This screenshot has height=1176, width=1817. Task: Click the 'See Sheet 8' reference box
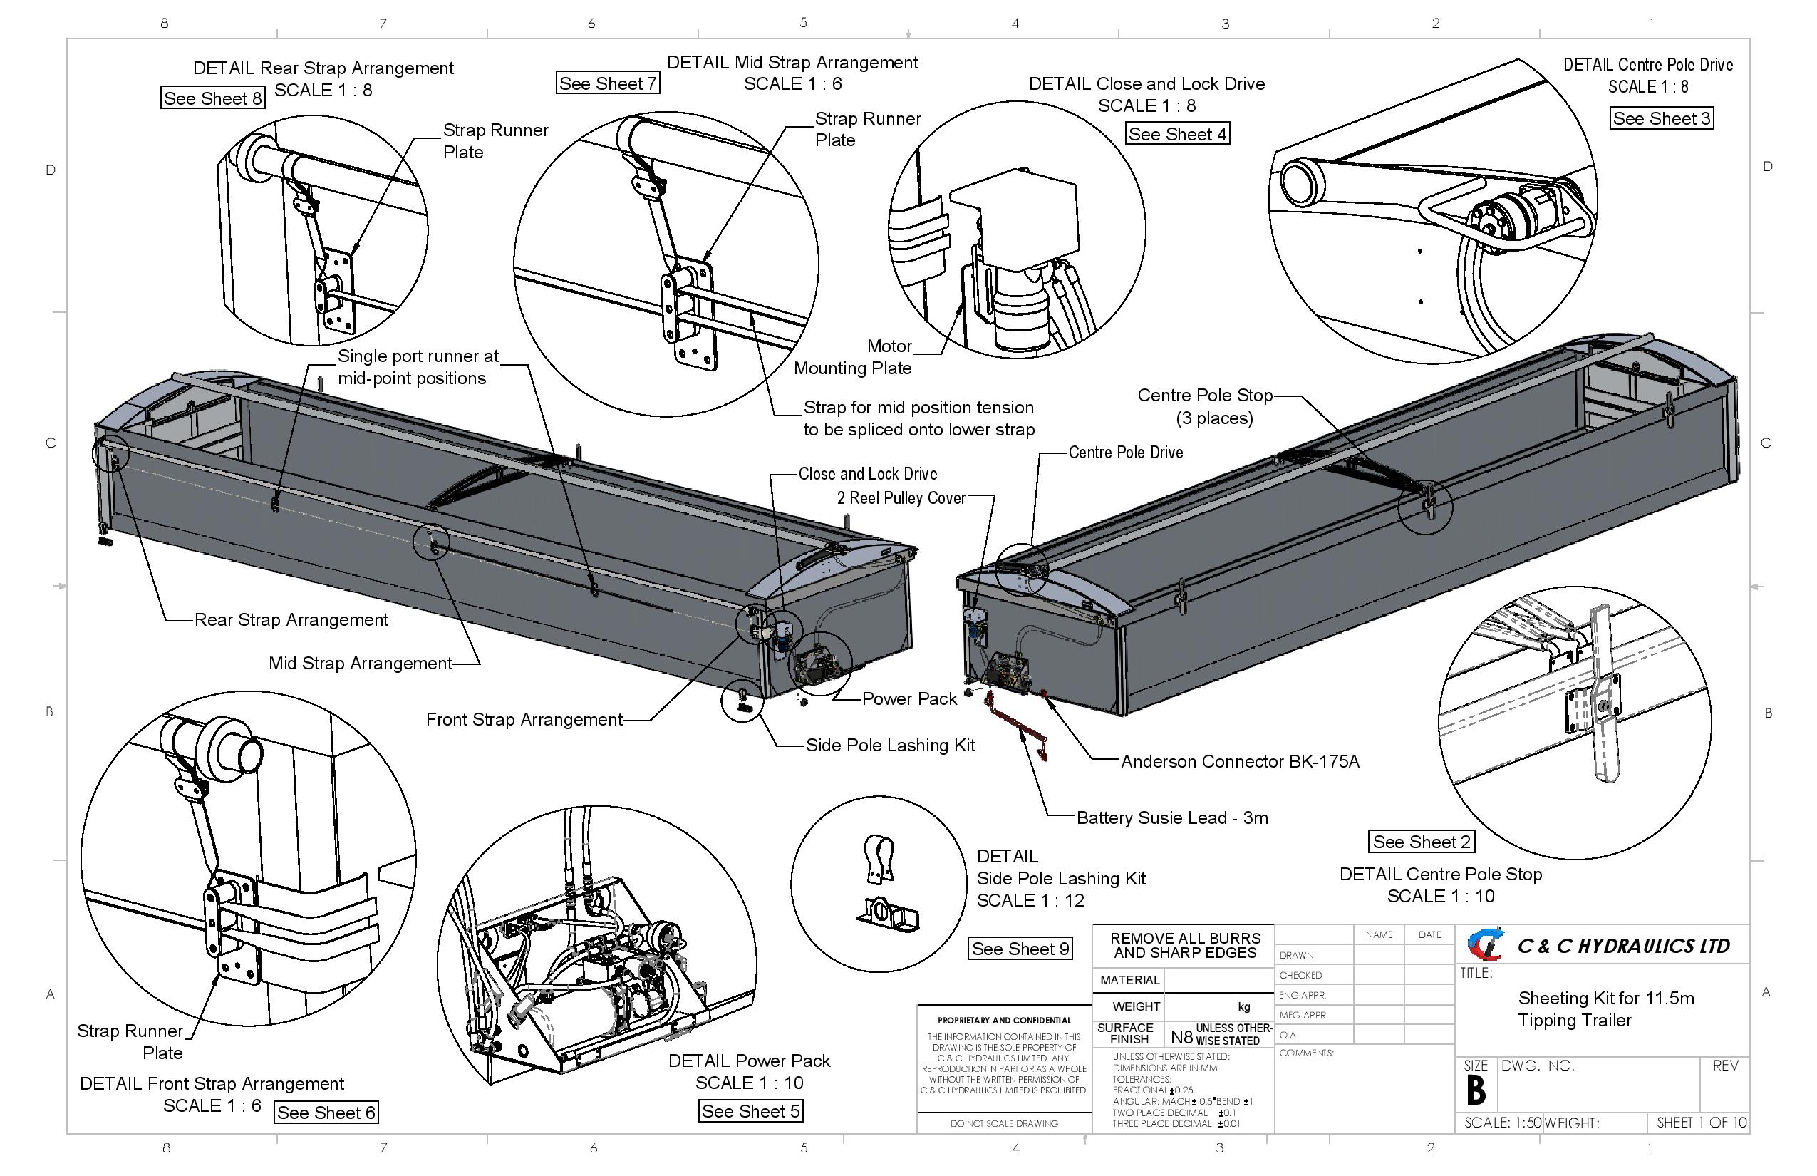click(212, 98)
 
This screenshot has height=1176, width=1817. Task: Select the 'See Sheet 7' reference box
click(608, 83)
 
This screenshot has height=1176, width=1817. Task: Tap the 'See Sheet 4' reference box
click(1177, 135)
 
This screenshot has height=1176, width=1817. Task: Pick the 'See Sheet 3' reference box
click(1661, 118)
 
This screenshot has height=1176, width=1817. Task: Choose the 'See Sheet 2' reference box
click(1421, 842)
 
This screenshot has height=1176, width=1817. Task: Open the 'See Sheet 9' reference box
click(1020, 949)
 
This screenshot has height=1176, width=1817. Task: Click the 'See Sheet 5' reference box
click(750, 1111)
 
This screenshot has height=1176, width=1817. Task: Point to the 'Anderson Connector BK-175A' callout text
click(1240, 761)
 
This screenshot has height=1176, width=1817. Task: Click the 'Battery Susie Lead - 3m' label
click(1172, 818)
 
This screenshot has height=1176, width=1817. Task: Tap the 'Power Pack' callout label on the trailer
click(908, 698)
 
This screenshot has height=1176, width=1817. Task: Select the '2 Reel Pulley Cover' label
click(901, 498)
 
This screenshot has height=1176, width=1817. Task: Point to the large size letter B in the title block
click(1476, 1090)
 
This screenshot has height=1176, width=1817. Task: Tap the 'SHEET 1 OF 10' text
click(1701, 1123)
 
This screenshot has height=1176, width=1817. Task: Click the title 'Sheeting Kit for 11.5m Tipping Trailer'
click(1605, 1009)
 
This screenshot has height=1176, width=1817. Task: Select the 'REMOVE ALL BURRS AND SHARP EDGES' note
click(1185, 945)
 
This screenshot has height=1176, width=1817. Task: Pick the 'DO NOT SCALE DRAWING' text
click(1004, 1123)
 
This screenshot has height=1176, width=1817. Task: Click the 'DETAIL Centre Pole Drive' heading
click(1647, 65)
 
